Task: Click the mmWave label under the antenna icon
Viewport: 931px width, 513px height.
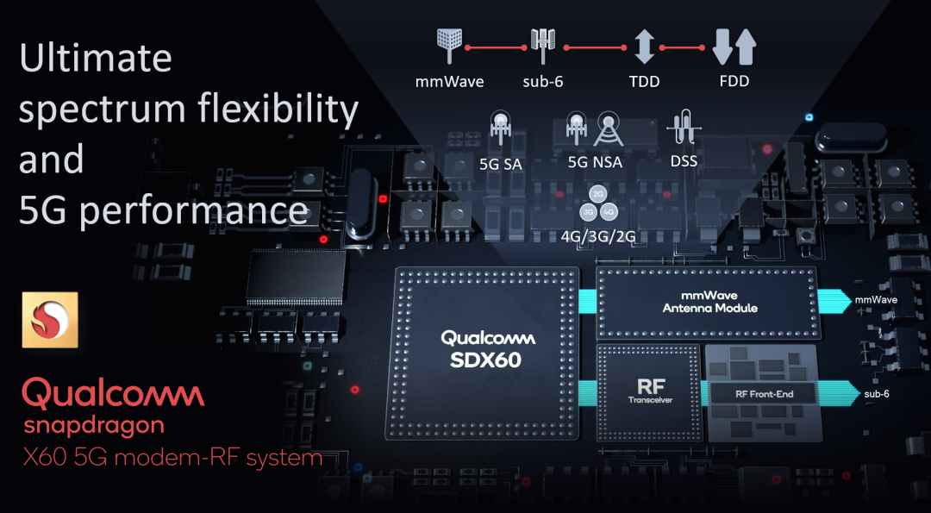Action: [449, 82]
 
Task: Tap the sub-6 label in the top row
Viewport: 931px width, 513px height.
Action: [544, 82]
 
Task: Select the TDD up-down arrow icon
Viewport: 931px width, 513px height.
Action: [644, 47]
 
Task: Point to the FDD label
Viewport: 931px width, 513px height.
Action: [734, 82]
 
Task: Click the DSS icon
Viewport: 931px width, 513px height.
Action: [684, 131]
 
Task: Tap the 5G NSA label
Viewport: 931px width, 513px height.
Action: [595, 162]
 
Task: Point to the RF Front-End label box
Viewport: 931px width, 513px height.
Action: [762, 394]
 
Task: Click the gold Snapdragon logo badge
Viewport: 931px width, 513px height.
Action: [50, 320]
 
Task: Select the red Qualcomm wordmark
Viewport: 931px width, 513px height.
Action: [113, 394]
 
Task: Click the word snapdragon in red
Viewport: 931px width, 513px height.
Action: [94, 425]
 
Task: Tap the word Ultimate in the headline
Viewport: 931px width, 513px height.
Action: [96, 59]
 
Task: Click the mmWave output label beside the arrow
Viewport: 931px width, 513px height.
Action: [876, 300]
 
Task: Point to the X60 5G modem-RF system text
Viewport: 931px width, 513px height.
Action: [172, 457]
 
